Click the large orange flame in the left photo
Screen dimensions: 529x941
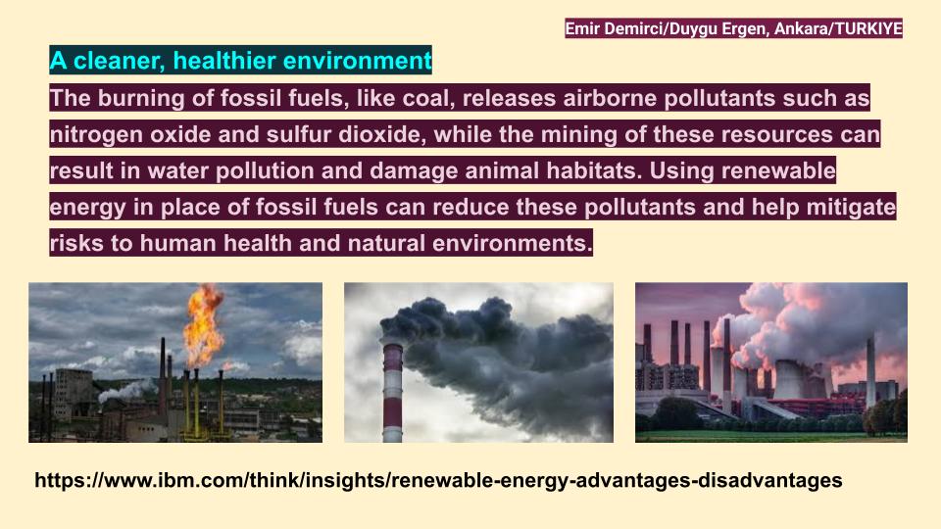pos(203,324)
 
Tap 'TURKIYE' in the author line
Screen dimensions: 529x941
pos(867,29)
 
